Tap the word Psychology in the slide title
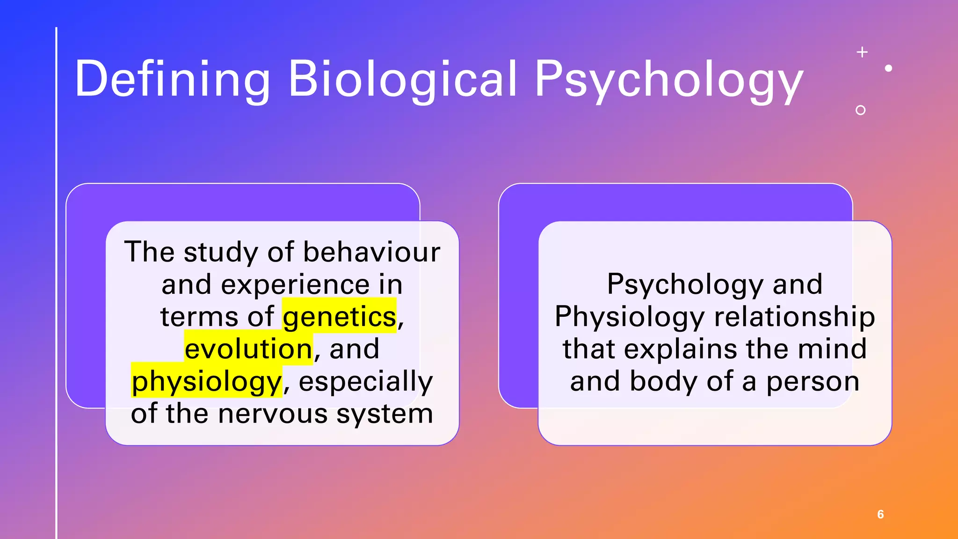(669, 80)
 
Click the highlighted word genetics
(340, 317)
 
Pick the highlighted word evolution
(248, 349)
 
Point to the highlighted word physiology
(207, 382)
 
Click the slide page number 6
(880, 514)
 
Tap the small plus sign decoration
(862, 52)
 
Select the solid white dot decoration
(889, 68)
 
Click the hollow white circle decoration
(860, 110)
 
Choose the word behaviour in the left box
(372, 252)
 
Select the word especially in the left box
(366, 382)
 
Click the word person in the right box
(813, 381)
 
